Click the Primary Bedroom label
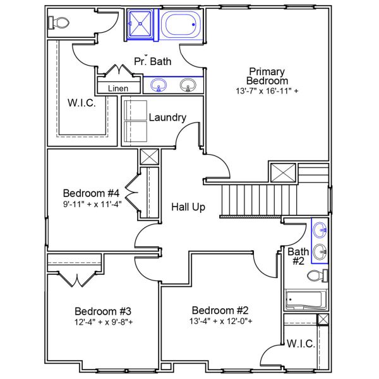click(267, 76)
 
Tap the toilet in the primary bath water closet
click(59, 23)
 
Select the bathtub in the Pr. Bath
click(181, 25)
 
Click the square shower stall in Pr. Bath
click(141, 25)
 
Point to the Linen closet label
click(118, 88)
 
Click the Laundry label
click(167, 117)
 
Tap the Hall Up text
click(188, 207)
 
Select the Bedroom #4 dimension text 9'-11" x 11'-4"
click(92, 204)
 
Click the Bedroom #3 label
click(103, 311)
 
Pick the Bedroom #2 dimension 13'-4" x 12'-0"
click(221, 321)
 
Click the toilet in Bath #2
click(316, 275)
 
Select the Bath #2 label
click(298, 256)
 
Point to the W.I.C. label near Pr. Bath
click(82, 103)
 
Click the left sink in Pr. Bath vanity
click(159, 84)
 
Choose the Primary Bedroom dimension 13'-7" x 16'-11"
click(267, 91)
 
